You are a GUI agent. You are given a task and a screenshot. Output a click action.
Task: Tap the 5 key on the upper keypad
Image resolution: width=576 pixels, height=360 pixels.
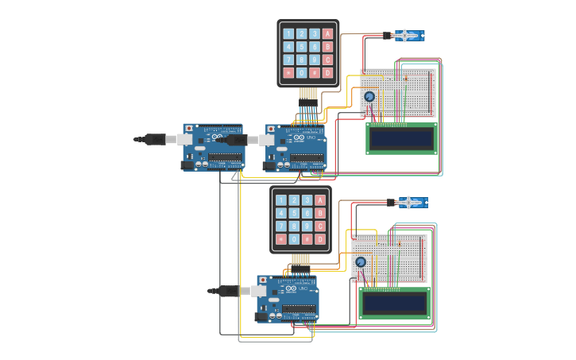point(302,47)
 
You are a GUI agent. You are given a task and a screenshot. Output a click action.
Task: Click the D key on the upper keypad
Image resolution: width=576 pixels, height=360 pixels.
point(327,72)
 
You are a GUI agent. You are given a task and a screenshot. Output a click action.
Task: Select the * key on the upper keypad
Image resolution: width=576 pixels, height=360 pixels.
point(288,72)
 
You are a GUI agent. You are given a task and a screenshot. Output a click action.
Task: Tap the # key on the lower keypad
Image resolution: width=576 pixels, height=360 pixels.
point(307,239)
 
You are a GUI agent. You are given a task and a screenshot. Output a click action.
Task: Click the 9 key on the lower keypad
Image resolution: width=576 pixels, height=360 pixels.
point(307,226)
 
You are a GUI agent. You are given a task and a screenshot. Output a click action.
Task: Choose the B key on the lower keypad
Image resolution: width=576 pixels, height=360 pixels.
point(320,213)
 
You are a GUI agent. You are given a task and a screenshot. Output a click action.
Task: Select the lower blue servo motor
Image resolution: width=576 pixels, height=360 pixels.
point(412,203)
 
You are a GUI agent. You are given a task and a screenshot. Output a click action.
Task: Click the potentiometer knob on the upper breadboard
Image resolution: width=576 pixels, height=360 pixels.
point(369,97)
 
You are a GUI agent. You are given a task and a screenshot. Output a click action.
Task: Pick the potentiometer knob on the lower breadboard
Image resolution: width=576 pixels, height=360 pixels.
point(361,262)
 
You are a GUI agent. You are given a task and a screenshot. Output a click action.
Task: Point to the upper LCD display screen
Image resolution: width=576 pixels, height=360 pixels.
point(401,139)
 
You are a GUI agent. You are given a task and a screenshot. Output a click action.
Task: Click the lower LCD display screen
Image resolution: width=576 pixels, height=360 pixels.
point(394,303)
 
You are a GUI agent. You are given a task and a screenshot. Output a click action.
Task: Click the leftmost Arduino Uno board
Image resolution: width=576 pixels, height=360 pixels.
point(213,147)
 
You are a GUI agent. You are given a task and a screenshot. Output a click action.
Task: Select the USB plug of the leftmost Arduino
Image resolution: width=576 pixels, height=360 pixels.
point(155,139)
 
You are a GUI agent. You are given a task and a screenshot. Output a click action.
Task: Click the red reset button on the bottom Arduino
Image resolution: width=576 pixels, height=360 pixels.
point(263,280)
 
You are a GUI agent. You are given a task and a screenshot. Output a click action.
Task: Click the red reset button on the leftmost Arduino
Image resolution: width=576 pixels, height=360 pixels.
point(188,128)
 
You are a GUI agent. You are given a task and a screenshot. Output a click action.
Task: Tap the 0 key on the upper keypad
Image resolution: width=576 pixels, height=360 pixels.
point(302,72)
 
